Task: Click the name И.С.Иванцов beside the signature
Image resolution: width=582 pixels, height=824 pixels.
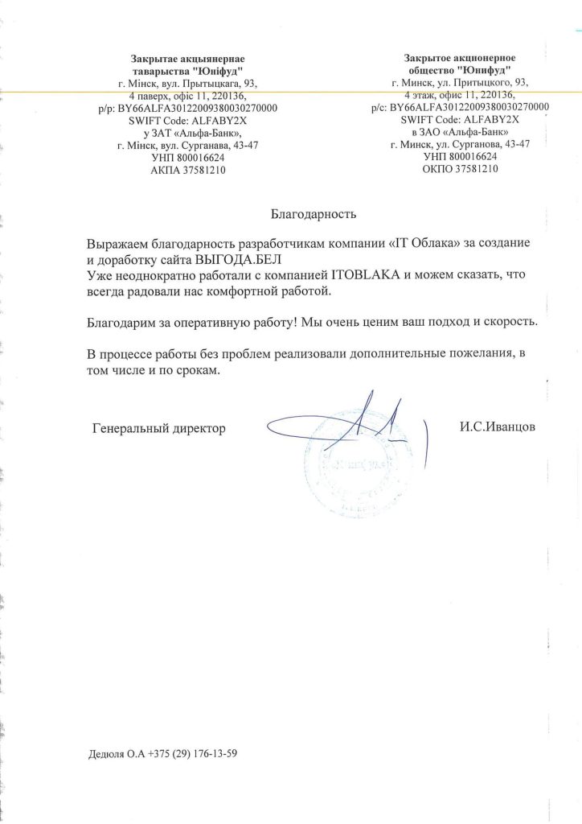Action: coord(497,428)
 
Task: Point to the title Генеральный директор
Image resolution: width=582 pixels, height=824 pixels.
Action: coord(159,429)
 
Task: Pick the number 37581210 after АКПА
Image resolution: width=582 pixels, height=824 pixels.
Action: coord(203,170)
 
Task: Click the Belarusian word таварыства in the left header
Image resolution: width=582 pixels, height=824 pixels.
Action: coord(158,70)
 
